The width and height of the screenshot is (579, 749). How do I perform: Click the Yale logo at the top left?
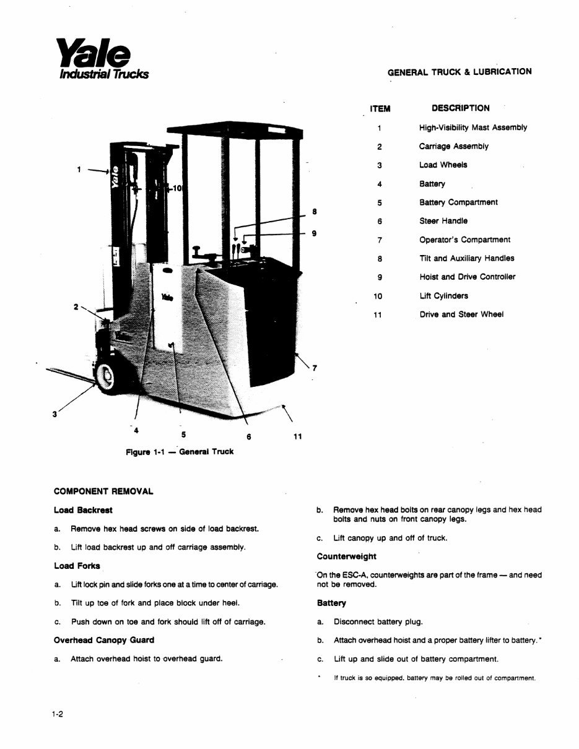click(x=102, y=59)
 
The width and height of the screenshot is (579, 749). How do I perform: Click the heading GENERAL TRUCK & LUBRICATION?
click(x=459, y=71)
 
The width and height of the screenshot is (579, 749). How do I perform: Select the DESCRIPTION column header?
click(x=460, y=108)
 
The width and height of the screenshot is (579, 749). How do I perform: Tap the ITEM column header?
click(x=380, y=109)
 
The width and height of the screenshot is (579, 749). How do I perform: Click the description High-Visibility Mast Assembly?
click(x=472, y=128)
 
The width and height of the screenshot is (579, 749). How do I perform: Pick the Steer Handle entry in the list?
click(x=443, y=221)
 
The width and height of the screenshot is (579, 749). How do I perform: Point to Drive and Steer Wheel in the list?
click(x=461, y=314)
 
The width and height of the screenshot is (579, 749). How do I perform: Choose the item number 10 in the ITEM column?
click(x=378, y=297)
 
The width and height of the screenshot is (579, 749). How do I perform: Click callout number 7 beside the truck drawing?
click(x=315, y=368)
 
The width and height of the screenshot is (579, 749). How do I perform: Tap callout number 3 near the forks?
click(x=54, y=415)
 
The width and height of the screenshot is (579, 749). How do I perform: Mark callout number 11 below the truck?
click(x=297, y=437)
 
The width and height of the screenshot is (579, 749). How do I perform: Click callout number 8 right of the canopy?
click(x=315, y=212)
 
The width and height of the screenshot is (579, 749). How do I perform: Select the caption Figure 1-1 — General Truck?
click(x=180, y=452)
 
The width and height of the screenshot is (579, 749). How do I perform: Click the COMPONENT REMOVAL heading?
click(x=103, y=491)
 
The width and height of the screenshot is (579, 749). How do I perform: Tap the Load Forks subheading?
click(x=77, y=566)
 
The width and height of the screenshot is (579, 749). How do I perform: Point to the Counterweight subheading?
click(x=346, y=556)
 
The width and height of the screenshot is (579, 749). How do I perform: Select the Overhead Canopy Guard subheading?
click(x=104, y=640)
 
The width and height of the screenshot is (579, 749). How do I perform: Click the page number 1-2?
click(x=58, y=714)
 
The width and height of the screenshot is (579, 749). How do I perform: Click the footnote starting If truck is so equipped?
click(x=433, y=678)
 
